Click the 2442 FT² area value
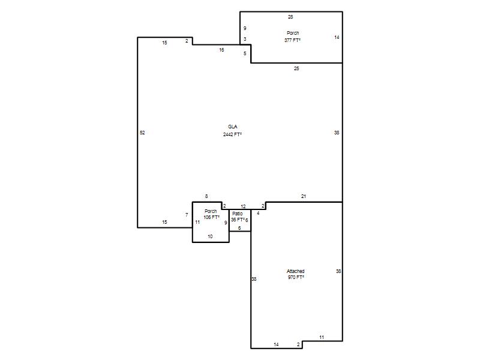pos(233,134)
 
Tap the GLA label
pos(233,127)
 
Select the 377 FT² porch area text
pos(292,40)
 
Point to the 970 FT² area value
pos(296,277)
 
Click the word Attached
pos(295,271)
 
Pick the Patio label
pos(238,214)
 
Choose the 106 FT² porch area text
pos(212,217)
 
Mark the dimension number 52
pos(142,133)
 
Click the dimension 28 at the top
pos(290,17)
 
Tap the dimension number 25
pos(296,68)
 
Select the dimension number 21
pos(304,196)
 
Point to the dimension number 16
pos(221,50)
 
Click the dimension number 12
pos(243,206)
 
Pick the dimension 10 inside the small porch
pos(210,236)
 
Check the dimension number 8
pos(206,196)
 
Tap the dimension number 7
pos(187,215)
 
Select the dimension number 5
pos(245,53)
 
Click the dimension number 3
pos(245,39)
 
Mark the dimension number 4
pos(258,213)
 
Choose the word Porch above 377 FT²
pos(293,33)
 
